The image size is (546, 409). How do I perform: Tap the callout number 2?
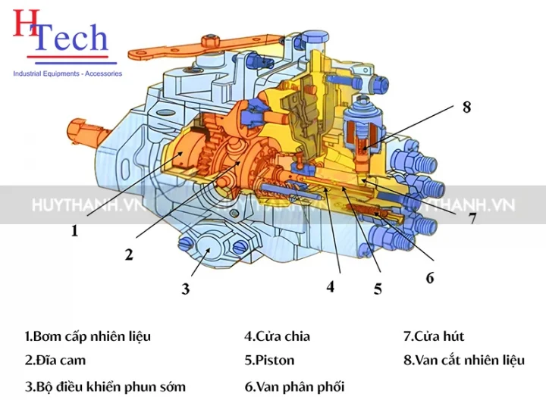(x=129, y=254)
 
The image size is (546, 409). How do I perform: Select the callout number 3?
(x=185, y=289)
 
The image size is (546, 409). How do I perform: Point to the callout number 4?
(x=331, y=287)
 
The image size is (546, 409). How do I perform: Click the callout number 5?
(x=378, y=289)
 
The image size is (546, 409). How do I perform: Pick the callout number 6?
(x=430, y=278)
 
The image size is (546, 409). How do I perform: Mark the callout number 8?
(x=466, y=108)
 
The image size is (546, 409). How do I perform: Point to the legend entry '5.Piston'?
(x=269, y=360)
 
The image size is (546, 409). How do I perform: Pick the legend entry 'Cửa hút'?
(x=433, y=336)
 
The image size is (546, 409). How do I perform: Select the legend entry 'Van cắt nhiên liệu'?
(x=463, y=360)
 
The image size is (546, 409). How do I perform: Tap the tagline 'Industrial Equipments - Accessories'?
(x=67, y=73)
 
